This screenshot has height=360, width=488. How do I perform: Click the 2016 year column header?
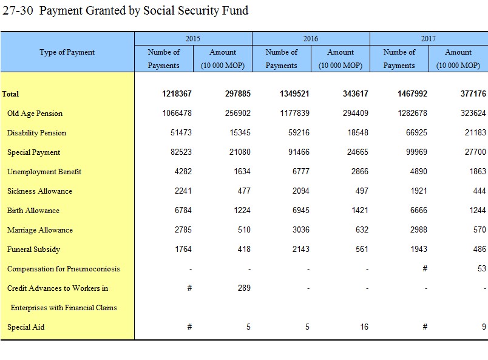(x=311, y=39)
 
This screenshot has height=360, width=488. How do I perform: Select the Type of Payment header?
(x=67, y=52)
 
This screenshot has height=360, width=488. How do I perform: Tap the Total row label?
(x=10, y=93)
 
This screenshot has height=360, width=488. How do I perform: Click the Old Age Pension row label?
(x=35, y=114)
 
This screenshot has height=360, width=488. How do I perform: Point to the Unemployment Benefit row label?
(x=44, y=172)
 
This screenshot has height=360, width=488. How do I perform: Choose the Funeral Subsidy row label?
(x=33, y=250)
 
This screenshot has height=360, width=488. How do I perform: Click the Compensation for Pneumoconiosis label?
(x=64, y=269)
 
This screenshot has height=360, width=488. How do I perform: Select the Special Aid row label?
(x=26, y=327)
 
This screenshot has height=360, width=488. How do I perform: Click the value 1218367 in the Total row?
(x=177, y=93)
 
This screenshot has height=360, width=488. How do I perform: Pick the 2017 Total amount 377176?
(x=473, y=93)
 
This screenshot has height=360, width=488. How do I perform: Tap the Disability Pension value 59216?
(x=299, y=133)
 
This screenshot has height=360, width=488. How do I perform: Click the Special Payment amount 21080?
(x=240, y=152)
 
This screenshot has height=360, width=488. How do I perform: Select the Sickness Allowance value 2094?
(x=301, y=191)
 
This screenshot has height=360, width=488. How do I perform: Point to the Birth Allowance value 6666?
(x=419, y=210)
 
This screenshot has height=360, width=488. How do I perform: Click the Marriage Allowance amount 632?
(x=362, y=230)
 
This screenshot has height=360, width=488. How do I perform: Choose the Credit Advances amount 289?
(x=245, y=288)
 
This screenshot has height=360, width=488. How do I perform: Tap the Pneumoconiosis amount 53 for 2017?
(x=482, y=268)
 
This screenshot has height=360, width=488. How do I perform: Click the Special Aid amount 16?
(x=364, y=327)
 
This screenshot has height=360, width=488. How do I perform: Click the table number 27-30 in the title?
(x=18, y=10)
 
